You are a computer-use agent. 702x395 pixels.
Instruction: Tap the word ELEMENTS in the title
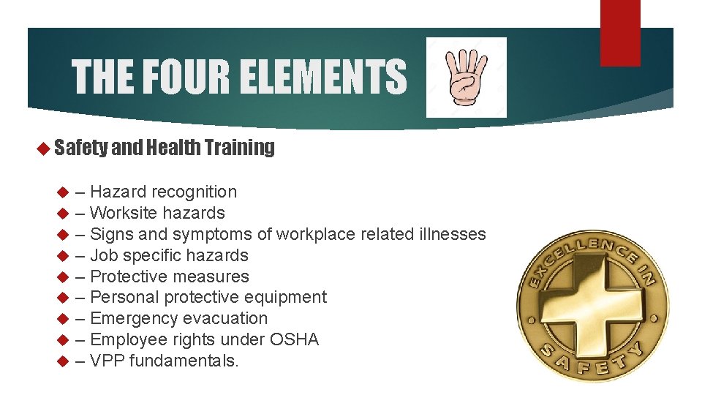click(x=322, y=78)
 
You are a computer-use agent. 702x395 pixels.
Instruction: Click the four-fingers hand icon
click(x=467, y=77)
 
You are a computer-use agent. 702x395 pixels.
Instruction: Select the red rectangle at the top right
click(x=620, y=32)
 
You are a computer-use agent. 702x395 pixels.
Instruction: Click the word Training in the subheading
click(x=240, y=148)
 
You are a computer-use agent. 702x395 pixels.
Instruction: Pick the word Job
click(x=103, y=256)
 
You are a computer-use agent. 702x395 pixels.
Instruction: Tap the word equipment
click(x=291, y=298)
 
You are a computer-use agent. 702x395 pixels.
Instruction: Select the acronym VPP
click(x=107, y=361)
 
